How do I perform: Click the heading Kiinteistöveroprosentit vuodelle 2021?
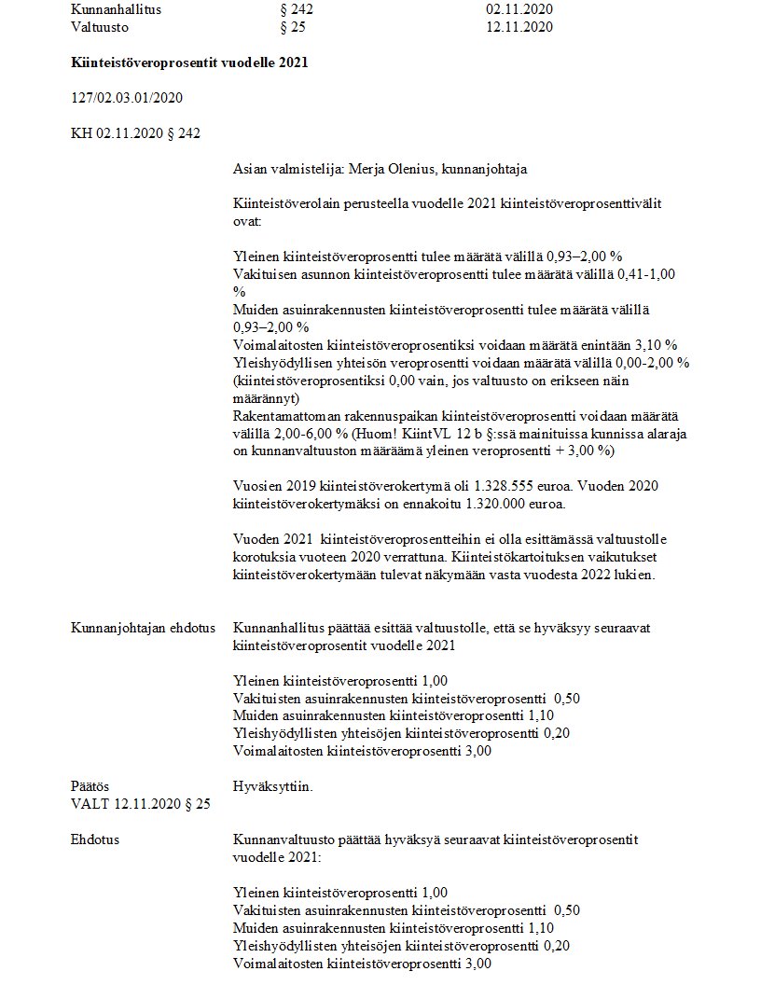click(189, 62)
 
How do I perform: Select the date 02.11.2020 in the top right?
click(519, 8)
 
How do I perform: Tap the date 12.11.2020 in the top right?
click(519, 26)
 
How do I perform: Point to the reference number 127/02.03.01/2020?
click(127, 98)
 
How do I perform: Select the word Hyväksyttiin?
click(273, 786)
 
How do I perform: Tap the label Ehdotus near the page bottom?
click(94, 839)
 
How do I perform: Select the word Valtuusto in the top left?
click(100, 26)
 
